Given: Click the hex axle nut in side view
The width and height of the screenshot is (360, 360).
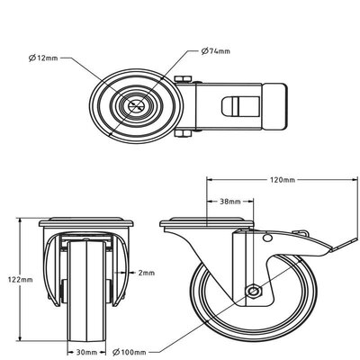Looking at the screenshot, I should (x=256, y=291).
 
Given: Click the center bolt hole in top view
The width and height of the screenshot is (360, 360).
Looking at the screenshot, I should (x=139, y=104).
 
